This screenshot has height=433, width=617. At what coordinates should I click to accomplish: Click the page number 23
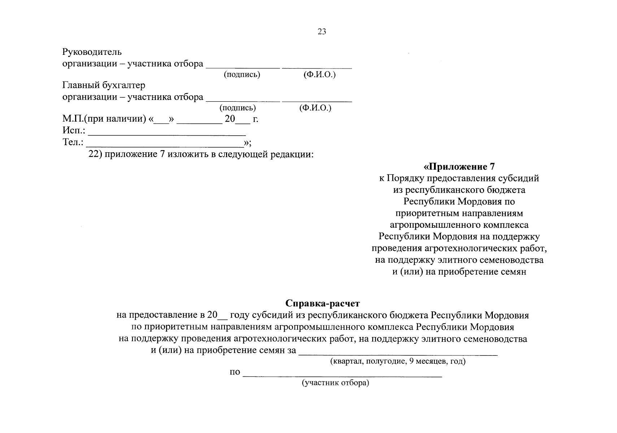click(322, 32)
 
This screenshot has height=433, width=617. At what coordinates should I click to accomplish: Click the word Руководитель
click(92, 52)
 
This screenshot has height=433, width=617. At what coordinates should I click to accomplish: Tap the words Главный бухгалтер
click(104, 86)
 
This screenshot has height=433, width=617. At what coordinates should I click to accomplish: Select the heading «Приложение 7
click(459, 167)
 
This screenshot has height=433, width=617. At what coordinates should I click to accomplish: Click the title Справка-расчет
click(322, 303)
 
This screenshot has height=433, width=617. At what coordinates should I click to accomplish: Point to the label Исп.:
click(74, 130)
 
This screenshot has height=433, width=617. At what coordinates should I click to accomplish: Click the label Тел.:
click(73, 142)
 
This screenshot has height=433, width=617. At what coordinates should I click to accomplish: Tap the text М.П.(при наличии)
click(104, 119)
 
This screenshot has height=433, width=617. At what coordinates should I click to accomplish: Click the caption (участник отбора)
click(335, 383)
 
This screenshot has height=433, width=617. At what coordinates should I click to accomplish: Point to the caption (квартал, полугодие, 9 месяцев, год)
click(397, 361)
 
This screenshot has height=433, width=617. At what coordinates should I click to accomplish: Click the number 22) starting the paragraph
click(96, 154)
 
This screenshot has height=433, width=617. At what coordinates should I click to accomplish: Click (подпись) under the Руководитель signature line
click(242, 75)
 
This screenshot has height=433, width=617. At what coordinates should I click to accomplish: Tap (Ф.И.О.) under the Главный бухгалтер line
click(315, 108)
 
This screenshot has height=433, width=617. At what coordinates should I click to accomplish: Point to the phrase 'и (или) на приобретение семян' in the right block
click(459, 272)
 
